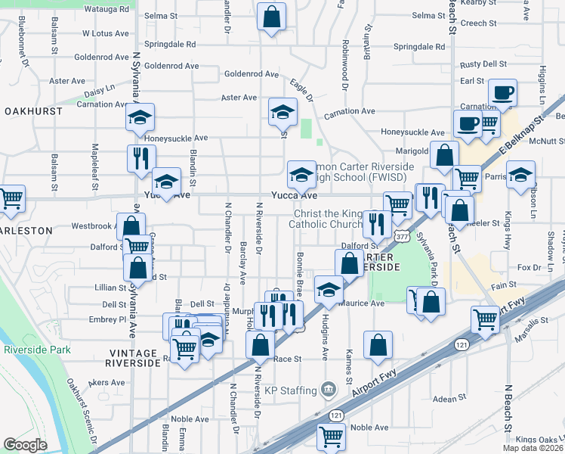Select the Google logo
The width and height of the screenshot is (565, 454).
[x=26, y=444]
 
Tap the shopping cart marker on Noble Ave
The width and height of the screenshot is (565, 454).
[x=332, y=437]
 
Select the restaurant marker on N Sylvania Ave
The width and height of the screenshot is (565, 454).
[x=140, y=159]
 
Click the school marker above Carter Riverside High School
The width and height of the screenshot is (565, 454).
[x=301, y=175]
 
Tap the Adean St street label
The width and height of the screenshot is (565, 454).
[x=450, y=399]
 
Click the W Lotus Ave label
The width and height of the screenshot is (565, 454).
[x=106, y=33]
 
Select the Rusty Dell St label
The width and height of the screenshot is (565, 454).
[x=483, y=64]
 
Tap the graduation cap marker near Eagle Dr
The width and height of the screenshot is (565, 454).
[x=282, y=113]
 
